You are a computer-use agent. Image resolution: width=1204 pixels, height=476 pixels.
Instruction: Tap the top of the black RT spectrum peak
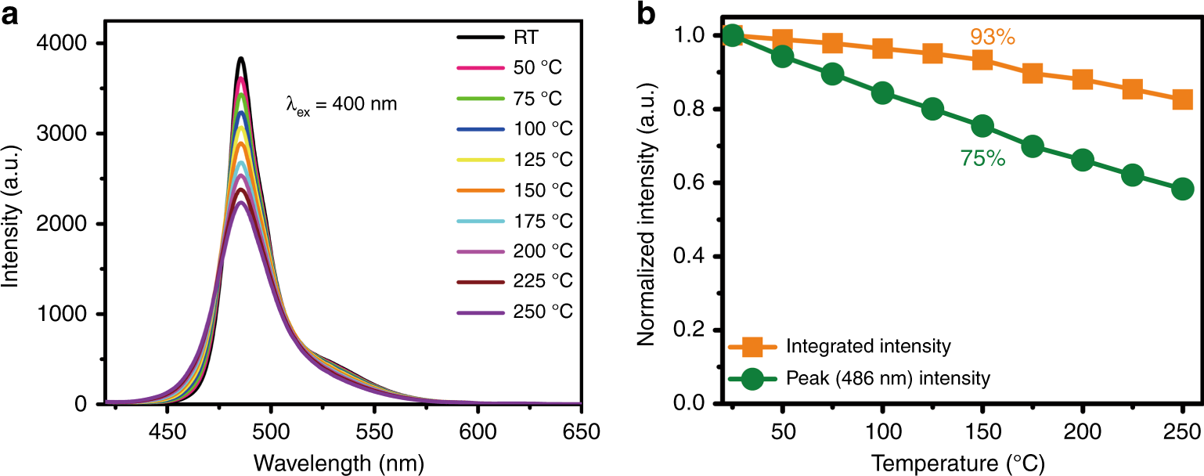241,58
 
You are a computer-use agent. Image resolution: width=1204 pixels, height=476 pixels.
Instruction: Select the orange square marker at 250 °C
1182,99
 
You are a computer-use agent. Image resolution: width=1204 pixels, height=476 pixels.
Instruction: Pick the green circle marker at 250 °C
1182,189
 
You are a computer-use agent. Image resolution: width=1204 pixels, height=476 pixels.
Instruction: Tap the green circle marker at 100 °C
882,93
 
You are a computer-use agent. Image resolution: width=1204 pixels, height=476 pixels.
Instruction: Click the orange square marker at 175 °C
1032,73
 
